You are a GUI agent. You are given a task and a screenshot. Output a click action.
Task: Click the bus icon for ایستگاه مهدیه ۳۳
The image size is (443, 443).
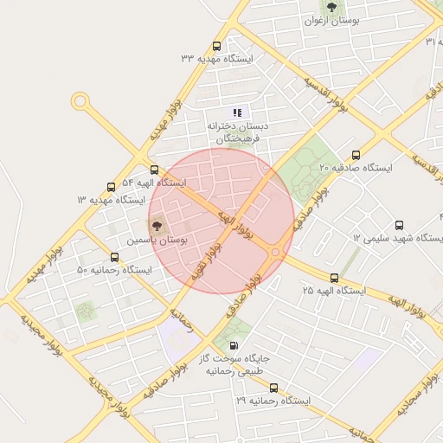(x=216, y=47)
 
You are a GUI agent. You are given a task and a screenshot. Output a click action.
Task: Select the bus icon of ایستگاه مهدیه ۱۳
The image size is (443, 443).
(x=111, y=187)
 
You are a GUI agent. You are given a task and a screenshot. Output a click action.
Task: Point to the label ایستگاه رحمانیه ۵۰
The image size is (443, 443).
(x=114, y=270)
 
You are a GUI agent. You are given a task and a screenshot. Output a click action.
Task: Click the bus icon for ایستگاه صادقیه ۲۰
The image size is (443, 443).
(x=356, y=155)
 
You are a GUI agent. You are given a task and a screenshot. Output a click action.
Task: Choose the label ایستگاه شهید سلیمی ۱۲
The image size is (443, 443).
(x=398, y=237)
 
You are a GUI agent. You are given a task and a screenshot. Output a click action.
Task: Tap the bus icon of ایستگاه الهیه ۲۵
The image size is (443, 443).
(x=335, y=278)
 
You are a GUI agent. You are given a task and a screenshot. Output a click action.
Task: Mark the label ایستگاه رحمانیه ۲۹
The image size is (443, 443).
(x=272, y=401)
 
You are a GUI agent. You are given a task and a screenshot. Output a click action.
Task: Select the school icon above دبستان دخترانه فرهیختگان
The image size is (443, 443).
(x=237, y=112)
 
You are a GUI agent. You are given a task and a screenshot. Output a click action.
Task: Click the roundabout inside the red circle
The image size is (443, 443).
(x=275, y=252)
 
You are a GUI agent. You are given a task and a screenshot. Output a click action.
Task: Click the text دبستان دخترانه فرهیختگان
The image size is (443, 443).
(x=237, y=132)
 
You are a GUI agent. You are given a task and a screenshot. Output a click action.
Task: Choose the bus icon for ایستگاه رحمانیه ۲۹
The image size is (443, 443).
(x=274, y=388)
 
